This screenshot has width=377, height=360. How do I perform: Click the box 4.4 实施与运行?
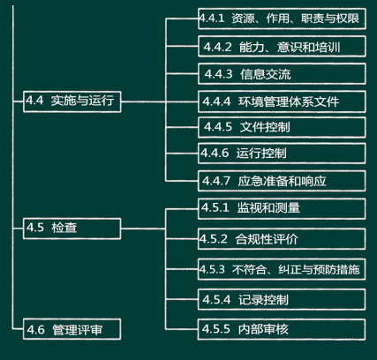[72, 101]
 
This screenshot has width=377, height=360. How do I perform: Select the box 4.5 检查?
[72, 229]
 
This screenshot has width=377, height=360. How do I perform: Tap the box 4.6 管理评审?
[72, 329]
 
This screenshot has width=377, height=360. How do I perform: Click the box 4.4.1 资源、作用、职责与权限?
[282, 19]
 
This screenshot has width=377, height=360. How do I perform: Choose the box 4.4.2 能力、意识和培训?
[282, 46]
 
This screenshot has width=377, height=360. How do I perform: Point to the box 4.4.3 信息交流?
[282, 73]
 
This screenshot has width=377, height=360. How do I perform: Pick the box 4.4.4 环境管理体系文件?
[282, 101]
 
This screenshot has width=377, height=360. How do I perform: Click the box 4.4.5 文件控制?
[282, 127]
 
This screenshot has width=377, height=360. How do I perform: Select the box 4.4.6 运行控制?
[282, 154]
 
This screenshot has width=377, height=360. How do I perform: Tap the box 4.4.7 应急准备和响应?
[282, 181]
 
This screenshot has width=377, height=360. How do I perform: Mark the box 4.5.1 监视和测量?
[282, 209]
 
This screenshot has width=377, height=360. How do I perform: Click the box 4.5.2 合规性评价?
[282, 239]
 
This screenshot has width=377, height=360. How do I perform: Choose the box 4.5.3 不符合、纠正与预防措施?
[282, 269]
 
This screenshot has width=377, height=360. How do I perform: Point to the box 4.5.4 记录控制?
[282, 299]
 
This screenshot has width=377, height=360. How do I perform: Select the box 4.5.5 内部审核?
[282, 329]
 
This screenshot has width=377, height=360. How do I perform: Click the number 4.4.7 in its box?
[216, 181]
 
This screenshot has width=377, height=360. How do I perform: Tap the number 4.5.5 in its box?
[216, 329]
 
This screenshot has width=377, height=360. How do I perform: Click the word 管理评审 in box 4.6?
[78, 330]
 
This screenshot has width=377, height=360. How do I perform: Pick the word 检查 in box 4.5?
[64, 228]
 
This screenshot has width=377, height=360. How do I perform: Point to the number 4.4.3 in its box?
[218, 74]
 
